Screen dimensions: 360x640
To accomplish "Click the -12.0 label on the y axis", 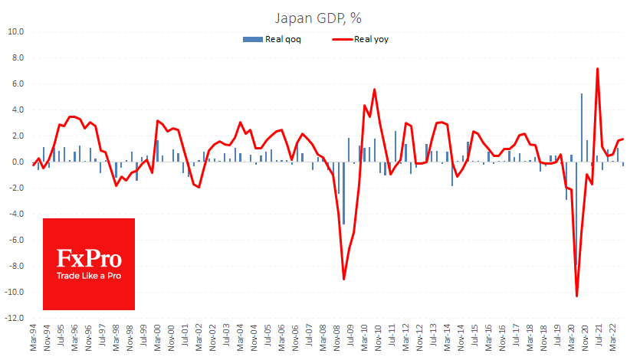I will tap(15, 318).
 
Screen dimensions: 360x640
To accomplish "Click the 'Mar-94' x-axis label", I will tap(34, 338).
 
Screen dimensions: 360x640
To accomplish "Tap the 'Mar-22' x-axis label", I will tap(613, 338).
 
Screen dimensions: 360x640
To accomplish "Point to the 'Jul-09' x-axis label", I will tap(350, 338).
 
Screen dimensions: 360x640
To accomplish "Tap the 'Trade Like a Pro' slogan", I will tap(89, 277).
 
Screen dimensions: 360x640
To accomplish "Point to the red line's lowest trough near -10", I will tap(576, 296).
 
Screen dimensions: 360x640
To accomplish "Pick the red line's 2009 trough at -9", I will tap(343, 279).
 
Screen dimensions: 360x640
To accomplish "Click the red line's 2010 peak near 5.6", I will tap(374, 90).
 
